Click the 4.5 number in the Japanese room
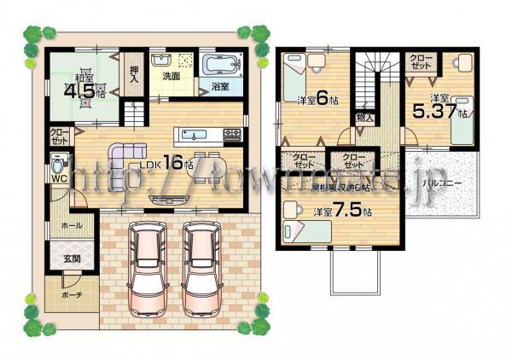pos(79,90)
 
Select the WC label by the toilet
pos(60,178)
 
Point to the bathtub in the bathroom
pos(224,67)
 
